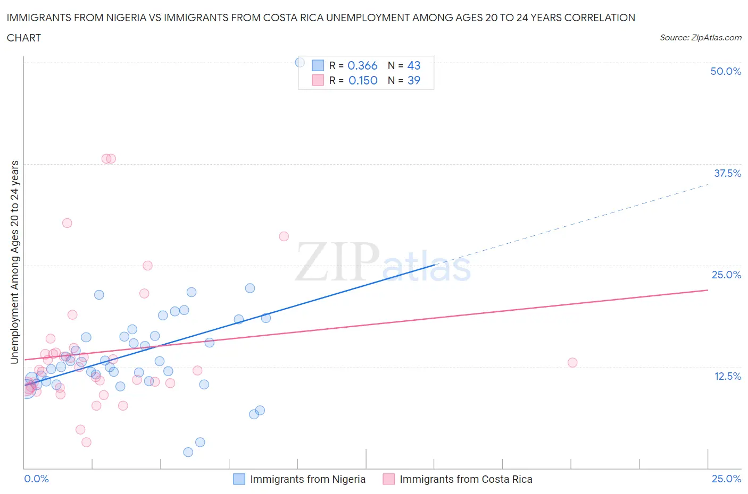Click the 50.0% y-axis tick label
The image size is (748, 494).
coord(726,71)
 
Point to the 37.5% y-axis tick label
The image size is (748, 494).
coord(727,173)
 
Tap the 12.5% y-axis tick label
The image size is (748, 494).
coord(727,376)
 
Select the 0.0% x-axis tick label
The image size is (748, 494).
coord(37,479)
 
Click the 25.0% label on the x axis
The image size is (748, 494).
coord(726,479)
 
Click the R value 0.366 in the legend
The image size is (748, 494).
coord(362,65)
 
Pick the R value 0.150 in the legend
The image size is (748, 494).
coord(363,80)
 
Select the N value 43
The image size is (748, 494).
coord(413,65)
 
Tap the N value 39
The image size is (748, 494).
coord(413,80)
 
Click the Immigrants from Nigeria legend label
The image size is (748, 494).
coord(307,479)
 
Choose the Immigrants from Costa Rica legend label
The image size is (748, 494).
coord(466,479)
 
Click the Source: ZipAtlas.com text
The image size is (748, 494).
coord(700,38)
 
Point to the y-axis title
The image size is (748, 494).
coord(14,262)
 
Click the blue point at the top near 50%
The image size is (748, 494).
coord(300,63)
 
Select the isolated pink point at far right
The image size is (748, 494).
coord(572,363)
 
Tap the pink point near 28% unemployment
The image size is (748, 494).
coord(284,236)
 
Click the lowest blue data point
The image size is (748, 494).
coord(188,452)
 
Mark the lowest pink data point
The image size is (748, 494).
coord(86,442)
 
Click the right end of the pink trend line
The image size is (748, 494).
coord(708,290)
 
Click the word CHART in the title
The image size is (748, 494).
coord(24,38)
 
